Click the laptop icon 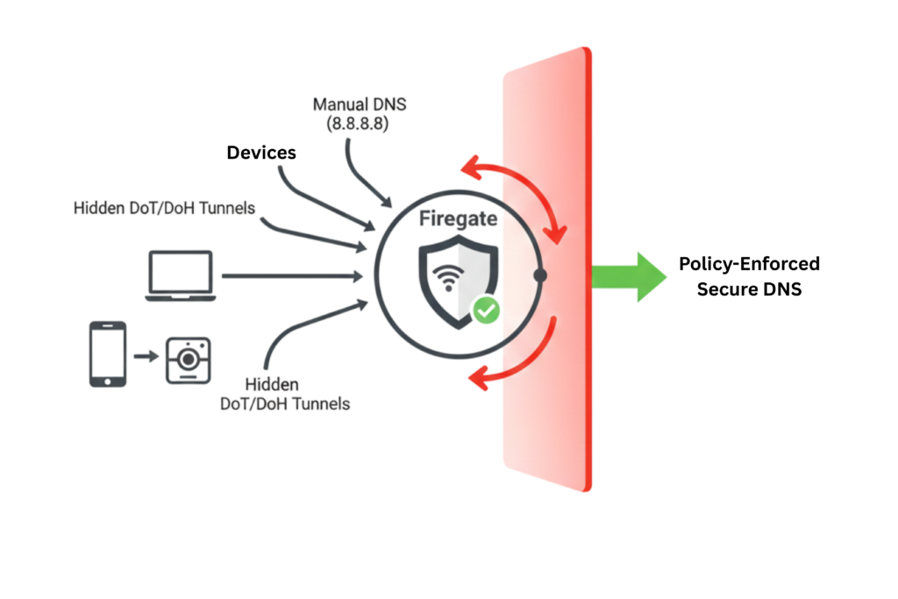point(181,275)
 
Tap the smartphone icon point(108,353)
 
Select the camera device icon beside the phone point(189,359)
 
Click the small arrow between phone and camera point(146,356)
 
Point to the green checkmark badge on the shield point(485,310)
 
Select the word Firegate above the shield point(458,218)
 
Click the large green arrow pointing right point(630,277)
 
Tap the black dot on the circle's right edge point(540,275)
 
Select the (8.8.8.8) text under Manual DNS point(359,125)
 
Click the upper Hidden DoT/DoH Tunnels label point(164,208)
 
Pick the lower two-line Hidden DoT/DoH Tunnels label point(285,394)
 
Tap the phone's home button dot point(108,381)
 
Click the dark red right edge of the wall point(589,263)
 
